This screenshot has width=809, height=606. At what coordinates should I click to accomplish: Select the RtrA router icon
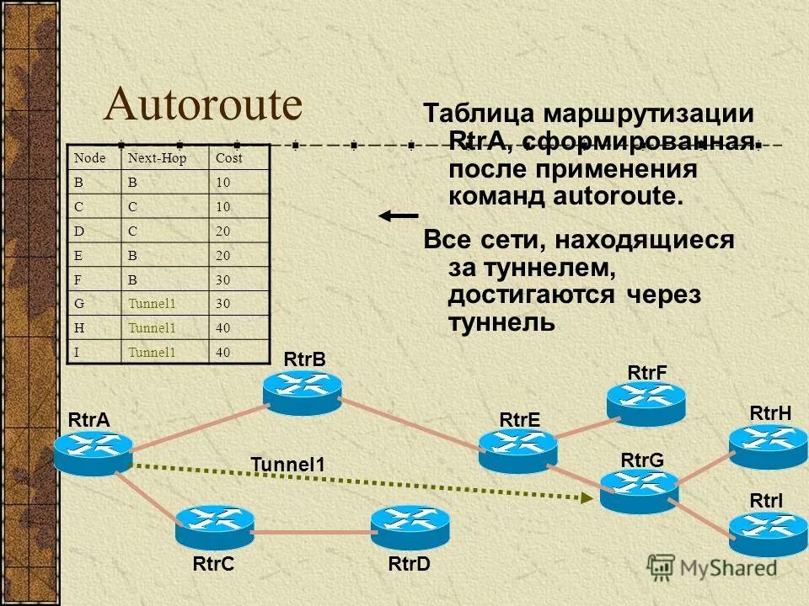coord(93,452)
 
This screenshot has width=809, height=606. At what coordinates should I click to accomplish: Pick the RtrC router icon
coord(214,526)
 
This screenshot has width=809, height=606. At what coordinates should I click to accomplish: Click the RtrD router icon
coord(410,526)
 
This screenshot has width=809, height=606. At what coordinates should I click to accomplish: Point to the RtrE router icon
coord(517,449)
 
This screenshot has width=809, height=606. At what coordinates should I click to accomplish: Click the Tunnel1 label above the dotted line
coord(287,464)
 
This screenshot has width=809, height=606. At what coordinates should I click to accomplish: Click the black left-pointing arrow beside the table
coord(398,216)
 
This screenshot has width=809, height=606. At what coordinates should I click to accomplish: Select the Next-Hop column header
coord(156,157)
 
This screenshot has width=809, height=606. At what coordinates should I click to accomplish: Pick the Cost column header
coord(228,157)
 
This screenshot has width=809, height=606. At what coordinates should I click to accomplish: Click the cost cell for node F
coord(223,279)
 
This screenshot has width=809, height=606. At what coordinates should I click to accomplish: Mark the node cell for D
coord(79,231)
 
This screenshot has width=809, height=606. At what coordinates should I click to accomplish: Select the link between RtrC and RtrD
coord(312,532)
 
